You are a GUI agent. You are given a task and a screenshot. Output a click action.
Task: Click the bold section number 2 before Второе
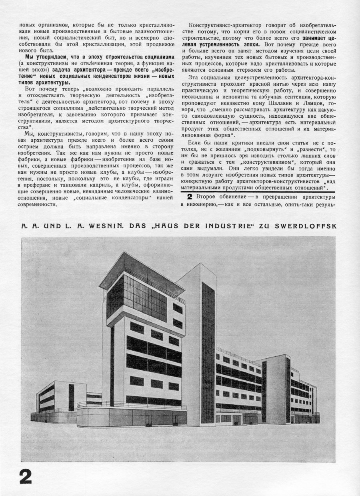190,197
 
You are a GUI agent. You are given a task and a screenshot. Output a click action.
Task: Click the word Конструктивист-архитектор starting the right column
224,24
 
